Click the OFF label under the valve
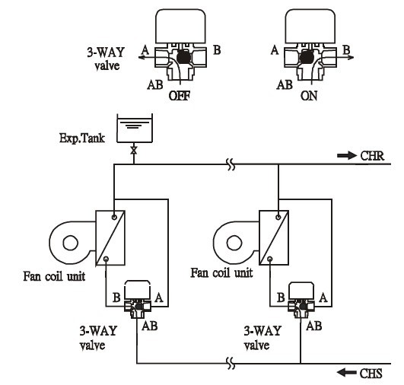click(180, 96)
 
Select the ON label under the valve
click(309, 96)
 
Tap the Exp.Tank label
click(82, 138)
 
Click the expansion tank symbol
click(135, 128)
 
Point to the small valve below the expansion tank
click(133, 151)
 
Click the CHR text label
click(372, 156)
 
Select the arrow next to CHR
click(347, 155)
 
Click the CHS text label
click(371, 374)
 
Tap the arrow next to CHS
click(347, 372)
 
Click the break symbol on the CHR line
click(231, 164)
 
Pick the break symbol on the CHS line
click(231, 364)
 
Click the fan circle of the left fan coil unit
click(70, 243)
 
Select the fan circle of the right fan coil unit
click(234, 243)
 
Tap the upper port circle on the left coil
click(114, 217)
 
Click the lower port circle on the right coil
click(270, 259)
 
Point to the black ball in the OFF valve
click(183, 57)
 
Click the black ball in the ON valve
click(306, 57)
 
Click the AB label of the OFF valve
click(155, 84)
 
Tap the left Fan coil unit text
click(54, 276)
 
